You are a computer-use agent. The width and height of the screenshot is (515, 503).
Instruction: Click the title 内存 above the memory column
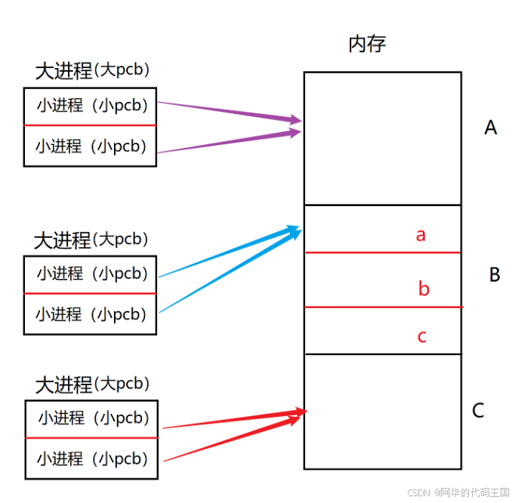click(x=367, y=44)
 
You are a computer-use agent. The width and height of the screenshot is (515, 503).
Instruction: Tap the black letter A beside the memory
click(x=491, y=128)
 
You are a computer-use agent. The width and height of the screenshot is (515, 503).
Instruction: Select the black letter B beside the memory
click(x=495, y=275)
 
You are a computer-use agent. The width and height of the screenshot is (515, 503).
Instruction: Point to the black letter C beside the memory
click(x=478, y=411)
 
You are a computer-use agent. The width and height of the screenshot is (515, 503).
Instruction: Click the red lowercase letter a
click(x=421, y=235)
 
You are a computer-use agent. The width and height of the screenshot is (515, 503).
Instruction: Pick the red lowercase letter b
click(x=424, y=289)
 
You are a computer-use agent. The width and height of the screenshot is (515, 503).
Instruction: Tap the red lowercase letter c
click(x=422, y=336)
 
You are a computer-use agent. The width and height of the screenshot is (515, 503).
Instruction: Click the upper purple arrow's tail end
click(x=159, y=103)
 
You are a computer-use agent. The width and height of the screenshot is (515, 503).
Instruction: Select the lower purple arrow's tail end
click(x=159, y=153)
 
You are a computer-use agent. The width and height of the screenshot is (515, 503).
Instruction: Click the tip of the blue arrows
click(x=300, y=227)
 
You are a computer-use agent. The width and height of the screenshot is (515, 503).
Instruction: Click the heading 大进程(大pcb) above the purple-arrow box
click(x=92, y=71)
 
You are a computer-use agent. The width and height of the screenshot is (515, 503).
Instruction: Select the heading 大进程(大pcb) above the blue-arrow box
click(x=91, y=240)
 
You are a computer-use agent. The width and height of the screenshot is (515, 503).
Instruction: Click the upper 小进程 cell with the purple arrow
click(x=91, y=106)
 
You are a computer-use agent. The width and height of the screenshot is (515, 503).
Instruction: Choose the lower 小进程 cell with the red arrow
click(x=92, y=458)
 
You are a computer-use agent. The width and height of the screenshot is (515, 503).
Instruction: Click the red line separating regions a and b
click(x=382, y=252)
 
